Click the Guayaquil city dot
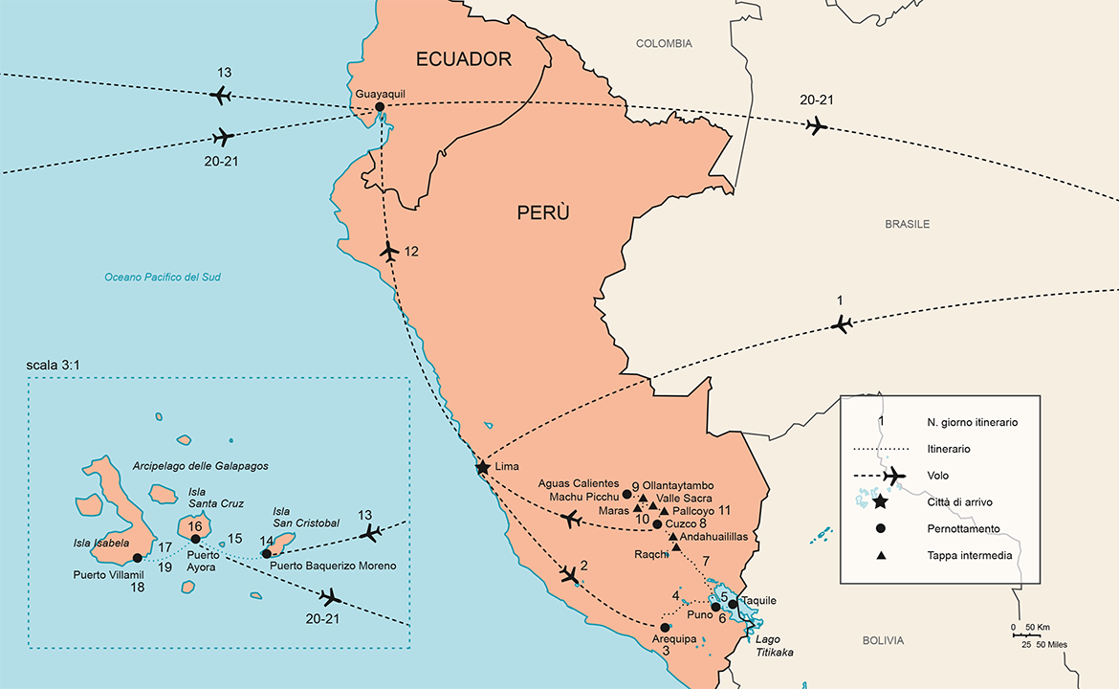(x=380, y=107)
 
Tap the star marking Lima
(x=483, y=468)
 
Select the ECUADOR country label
(x=464, y=59)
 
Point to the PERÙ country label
(x=543, y=213)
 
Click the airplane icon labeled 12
(x=388, y=253)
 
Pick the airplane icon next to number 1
(x=842, y=324)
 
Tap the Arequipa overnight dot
(x=666, y=628)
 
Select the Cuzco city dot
(x=657, y=523)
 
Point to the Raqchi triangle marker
(x=676, y=547)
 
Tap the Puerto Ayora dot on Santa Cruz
(x=196, y=539)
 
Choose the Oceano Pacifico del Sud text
(x=163, y=278)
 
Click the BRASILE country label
(x=907, y=224)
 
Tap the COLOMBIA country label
(x=664, y=44)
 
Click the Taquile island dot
(x=733, y=604)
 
